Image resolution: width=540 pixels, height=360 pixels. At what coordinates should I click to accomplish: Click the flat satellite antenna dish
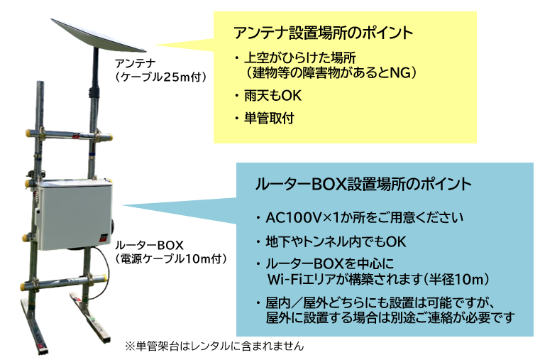(x=99, y=35)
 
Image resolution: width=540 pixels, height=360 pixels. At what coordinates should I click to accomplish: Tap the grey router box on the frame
(x=75, y=214)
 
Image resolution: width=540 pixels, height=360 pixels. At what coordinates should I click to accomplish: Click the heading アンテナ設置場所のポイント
(x=323, y=33)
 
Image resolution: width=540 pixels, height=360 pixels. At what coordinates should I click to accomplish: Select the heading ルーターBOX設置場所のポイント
(x=363, y=184)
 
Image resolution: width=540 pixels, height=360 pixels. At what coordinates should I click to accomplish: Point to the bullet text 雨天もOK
(x=272, y=95)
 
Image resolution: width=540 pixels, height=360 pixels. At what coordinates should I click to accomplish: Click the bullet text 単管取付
(x=269, y=118)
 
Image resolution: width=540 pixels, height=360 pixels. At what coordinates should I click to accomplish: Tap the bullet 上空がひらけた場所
(x=299, y=58)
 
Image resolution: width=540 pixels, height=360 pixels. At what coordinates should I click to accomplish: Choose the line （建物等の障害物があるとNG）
(x=331, y=72)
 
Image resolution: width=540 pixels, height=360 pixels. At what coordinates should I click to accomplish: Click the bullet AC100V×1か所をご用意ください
(x=364, y=217)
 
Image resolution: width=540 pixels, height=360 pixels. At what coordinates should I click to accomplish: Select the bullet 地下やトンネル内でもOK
(x=336, y=241)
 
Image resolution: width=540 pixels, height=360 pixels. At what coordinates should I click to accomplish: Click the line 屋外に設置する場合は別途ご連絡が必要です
(x=390, y=317)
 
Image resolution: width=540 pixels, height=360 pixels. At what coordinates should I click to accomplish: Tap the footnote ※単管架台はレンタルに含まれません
(x=214, y=346)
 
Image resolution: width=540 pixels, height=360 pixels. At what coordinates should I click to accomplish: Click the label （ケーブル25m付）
(x=161, y=77)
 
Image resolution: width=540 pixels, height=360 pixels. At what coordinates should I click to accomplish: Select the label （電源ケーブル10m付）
(x=171, y=258)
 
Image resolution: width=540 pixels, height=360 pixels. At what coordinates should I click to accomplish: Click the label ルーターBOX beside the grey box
(x=149, y=245)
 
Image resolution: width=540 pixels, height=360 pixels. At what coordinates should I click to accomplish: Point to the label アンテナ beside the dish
(x=135, y=63)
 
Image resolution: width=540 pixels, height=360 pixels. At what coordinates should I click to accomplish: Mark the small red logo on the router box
(x=104, y=237)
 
